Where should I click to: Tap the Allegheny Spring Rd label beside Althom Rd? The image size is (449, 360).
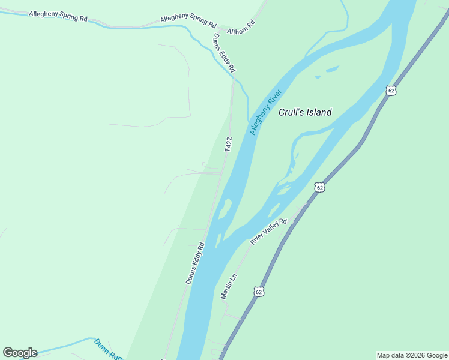coord(188,20)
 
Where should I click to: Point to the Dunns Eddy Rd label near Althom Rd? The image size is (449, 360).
coord(224,53)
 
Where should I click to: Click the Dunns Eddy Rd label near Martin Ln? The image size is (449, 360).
coord(195,263)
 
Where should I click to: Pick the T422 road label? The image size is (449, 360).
coord(228,144)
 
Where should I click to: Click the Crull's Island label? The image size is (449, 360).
coord(305,112)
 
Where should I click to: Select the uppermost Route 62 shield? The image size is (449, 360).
coord(391,91)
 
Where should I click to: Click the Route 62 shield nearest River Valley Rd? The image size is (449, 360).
coord(319,187)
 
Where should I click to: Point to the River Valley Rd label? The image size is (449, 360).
coord(269,232)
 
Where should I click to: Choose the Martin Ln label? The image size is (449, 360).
coord(229,287)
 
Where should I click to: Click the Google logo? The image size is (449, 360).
coord(20,353)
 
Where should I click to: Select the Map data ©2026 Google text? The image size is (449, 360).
coord(412,355)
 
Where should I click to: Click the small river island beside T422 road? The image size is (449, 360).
coord(224,209)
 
